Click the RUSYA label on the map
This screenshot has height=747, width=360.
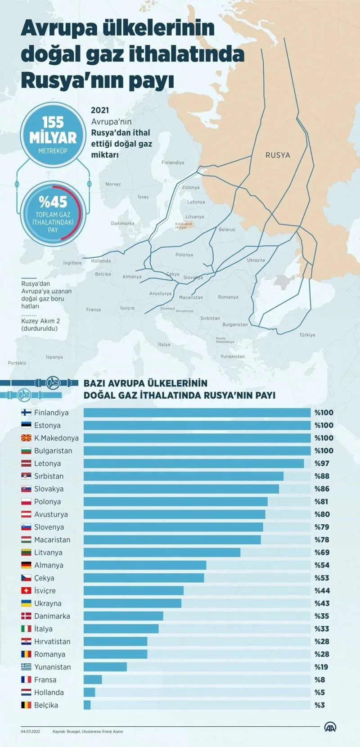(278, 155)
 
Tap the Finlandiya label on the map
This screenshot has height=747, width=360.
(173, 162)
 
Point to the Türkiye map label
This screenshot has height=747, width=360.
(307, 335)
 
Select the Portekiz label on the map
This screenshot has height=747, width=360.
(17, 363)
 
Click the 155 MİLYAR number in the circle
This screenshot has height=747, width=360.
(53, 130)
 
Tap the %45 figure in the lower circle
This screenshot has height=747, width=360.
(53, 202)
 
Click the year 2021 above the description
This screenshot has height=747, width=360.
(100, 110)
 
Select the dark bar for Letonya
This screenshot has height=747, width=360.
(193, 463)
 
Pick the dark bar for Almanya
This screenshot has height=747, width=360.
(145, 565)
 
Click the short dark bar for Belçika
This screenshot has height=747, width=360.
(87, 705)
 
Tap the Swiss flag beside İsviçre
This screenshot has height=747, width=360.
(26, 590)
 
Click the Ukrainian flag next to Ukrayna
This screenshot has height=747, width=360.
(26, 603)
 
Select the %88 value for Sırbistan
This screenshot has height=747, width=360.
(322, 476)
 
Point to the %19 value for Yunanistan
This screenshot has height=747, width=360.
(321, 667)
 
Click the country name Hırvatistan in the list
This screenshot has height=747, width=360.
(52, 642)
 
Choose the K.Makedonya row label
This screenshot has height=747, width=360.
(56, 438)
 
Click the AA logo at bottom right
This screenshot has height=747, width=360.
(331, 727)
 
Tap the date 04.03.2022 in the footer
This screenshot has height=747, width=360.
(30, 731)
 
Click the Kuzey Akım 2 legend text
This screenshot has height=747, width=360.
(40, 321)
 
